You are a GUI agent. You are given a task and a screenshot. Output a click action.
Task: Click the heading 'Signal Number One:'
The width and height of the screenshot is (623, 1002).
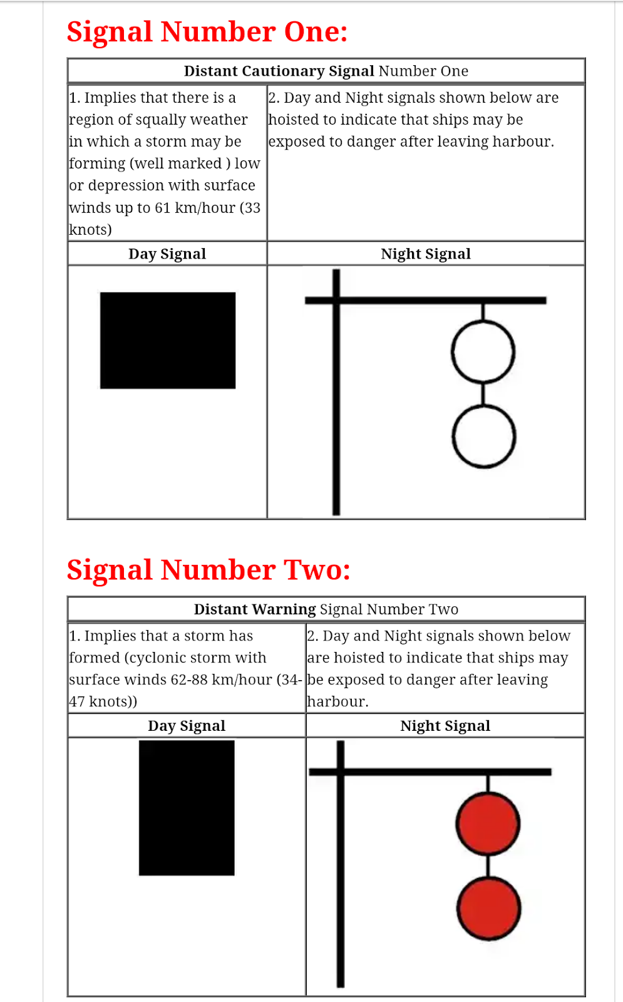(207, 32)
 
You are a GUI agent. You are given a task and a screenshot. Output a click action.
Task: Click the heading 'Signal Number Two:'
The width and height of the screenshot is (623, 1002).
(209, 570)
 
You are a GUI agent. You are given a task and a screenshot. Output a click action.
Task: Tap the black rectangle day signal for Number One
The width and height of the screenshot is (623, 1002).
(168, 340)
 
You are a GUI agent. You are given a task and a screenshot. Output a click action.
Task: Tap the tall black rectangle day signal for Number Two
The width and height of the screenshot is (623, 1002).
(187, 808)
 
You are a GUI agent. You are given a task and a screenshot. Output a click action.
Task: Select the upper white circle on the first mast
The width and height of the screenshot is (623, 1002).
(483, 352)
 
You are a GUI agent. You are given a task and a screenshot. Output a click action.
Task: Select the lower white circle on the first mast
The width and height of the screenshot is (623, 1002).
(484, 436)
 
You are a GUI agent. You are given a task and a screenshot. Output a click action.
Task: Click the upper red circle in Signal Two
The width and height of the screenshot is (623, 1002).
(488, 824)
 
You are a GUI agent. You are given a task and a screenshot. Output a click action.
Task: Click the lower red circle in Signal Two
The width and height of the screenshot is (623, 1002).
(488, 909)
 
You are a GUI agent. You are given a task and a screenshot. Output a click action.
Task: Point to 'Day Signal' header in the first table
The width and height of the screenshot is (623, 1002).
(167, 254)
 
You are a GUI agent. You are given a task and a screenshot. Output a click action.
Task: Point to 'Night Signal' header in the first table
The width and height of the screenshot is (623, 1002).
(426, 254)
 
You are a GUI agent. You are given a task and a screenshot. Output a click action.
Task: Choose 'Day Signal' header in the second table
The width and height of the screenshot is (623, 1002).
(187, 726)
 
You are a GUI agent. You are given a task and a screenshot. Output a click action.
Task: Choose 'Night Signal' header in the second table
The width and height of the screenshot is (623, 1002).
(445, 726)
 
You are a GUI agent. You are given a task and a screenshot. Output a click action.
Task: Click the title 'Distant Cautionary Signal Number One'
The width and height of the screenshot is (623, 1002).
(326, 71)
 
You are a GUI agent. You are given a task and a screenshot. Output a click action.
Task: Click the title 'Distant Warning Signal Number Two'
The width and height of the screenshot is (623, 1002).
(326, 609)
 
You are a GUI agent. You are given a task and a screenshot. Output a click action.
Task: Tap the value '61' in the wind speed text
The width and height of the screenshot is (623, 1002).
(163, 208)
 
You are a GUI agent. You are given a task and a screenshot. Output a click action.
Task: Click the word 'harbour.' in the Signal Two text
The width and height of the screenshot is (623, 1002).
(337, 702)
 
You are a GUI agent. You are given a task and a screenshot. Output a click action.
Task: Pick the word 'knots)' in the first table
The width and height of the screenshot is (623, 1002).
(90, 230)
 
